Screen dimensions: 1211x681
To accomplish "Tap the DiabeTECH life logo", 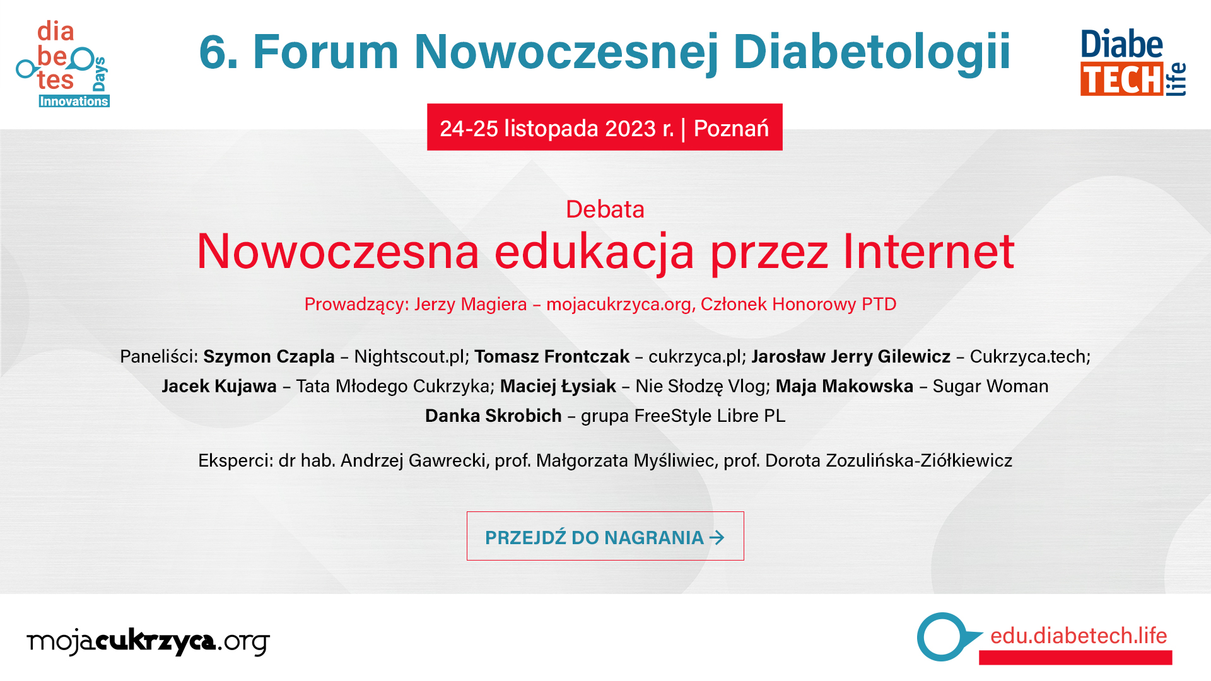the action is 1133,62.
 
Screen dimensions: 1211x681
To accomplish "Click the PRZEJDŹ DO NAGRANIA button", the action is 605,536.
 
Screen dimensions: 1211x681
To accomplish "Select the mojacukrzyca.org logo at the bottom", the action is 148,642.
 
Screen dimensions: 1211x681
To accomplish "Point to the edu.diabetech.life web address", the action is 1079,636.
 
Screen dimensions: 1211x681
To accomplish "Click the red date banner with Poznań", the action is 605,127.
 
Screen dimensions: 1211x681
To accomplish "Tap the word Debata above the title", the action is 605,209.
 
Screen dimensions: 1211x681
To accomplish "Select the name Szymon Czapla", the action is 269,357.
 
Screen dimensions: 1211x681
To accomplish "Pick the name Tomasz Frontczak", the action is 552,357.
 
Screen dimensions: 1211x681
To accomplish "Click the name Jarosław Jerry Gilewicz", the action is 851,357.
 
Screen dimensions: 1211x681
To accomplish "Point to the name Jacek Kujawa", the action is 219,387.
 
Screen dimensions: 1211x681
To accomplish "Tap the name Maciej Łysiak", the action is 558,387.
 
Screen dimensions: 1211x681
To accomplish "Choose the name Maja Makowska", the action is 845,387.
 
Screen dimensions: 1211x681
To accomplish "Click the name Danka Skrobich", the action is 493,416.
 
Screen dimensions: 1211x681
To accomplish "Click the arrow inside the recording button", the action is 717,537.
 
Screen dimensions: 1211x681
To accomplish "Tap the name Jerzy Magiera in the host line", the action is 471,305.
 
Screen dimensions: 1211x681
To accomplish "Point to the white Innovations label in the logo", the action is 74,102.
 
